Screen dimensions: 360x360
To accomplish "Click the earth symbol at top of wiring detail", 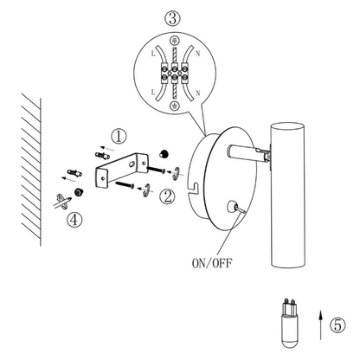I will point(175,42).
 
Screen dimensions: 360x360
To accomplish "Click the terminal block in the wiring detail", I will point(175,73).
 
